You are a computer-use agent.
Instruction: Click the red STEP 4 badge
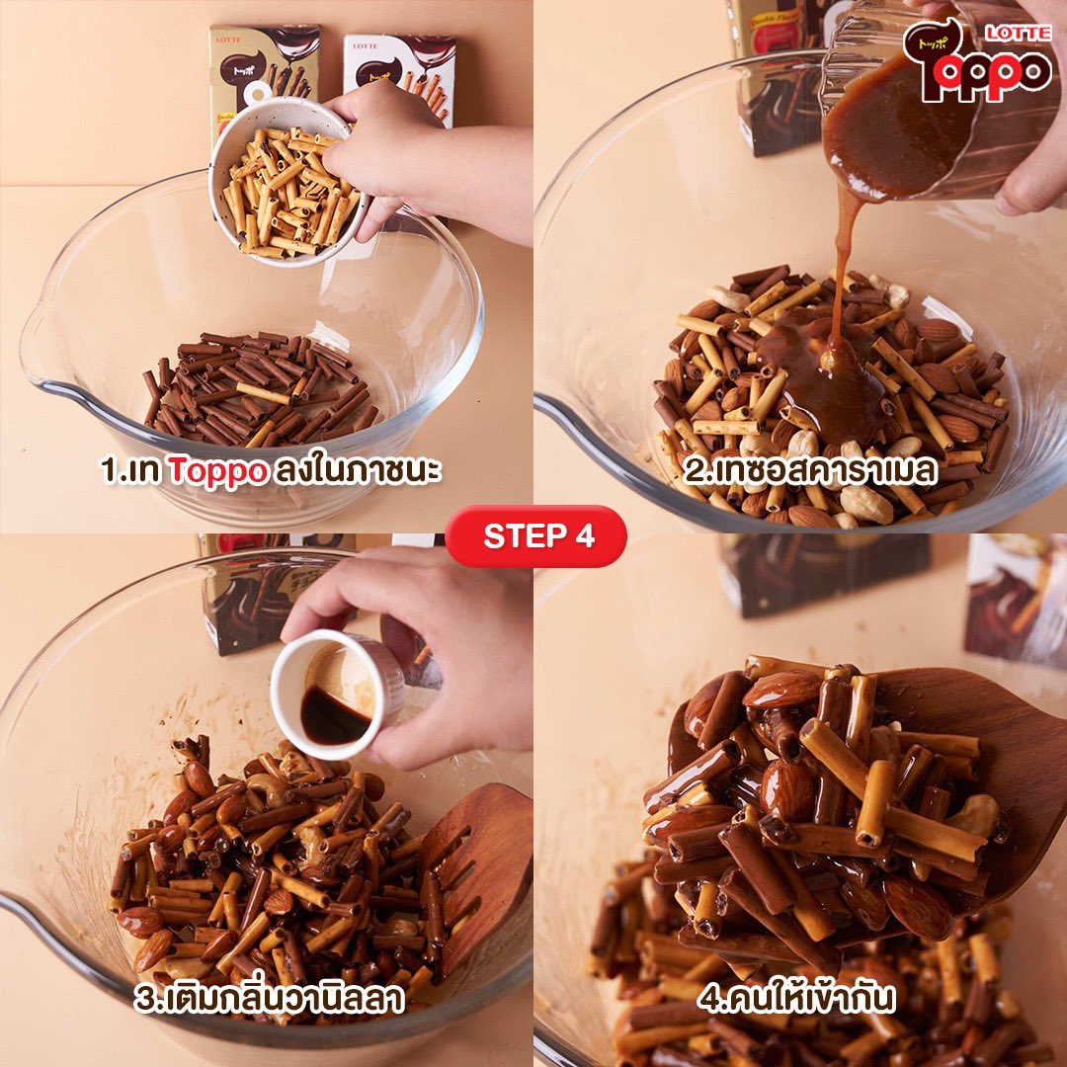[x=535, y=536]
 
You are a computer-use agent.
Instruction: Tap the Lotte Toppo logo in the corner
[x=978, y=60]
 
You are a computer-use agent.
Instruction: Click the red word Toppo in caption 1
[x=217, y=470]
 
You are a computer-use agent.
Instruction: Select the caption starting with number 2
[x=810, y=470]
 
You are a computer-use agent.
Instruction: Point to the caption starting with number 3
[x=269, y=998]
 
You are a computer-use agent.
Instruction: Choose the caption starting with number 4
[x=796, y=998]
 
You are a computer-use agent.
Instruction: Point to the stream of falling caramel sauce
[x=841, y=273]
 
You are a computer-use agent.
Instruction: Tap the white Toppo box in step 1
[x=401, y=75]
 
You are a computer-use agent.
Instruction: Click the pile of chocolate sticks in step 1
[x=259, y=389]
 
